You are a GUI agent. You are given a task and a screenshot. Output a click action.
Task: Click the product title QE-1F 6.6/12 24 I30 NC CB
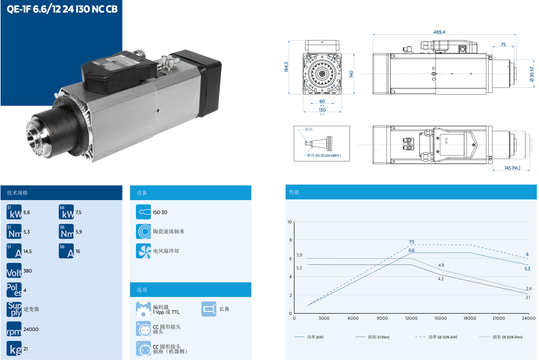pos(62,9)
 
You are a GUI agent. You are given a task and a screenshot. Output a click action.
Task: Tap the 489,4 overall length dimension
pos(439,32)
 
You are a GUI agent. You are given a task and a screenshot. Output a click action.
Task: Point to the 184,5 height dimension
pos(286,67)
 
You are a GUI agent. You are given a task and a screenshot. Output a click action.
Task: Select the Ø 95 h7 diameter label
pos(532,74)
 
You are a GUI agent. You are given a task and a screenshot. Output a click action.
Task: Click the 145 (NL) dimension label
pos(512,168)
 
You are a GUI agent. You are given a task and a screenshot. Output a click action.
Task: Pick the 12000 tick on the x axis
pos(411,318)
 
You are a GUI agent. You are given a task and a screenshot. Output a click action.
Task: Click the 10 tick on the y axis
pos(289,222)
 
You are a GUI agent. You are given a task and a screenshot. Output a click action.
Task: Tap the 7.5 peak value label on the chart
pos(412,242)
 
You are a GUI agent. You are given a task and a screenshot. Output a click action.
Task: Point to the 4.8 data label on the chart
pos(441,265)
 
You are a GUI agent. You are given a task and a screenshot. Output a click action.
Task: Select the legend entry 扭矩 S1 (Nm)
pos(379,337)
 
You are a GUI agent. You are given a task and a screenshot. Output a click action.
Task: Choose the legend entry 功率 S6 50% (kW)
pos(443,337)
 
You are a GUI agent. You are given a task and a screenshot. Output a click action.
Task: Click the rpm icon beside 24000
pos(14,329)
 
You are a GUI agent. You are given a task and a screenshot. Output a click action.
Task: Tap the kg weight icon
pos(14,348)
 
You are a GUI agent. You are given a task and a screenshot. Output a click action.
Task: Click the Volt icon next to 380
pos(14,271)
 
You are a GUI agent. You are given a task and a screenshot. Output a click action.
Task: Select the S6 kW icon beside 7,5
pos(66,212)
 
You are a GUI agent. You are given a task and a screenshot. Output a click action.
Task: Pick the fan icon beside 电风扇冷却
pos(143,251)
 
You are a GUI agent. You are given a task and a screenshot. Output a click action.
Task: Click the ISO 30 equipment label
pos(160,212)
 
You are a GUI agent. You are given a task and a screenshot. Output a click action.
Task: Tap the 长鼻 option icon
pos(209,309)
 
